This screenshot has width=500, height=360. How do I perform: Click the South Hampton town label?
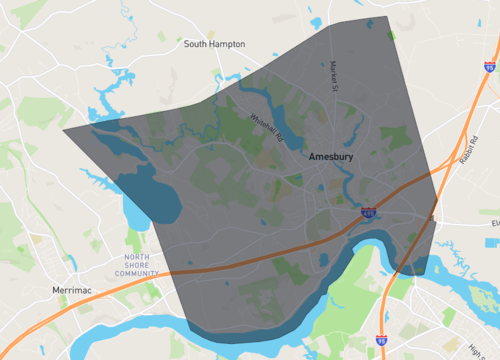pos(213,44)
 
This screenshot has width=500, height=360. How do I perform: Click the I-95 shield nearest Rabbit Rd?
pos(490,67)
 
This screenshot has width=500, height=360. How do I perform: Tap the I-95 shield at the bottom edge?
pos(381,340)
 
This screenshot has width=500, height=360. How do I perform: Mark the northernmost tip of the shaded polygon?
pos(388,17)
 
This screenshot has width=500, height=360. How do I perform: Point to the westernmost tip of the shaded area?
pos(63,129)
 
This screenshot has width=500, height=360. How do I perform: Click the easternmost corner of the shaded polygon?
pos(437,224)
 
